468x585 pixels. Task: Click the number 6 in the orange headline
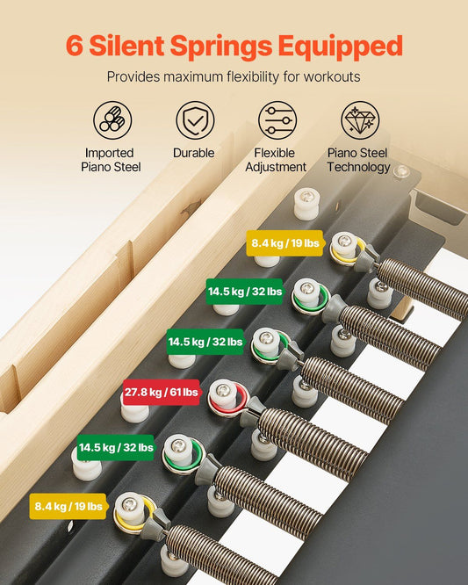[75, 46]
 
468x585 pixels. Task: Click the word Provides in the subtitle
[133, 76]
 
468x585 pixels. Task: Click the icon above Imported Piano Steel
[112, 121]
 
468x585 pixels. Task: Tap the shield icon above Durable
[194, 121]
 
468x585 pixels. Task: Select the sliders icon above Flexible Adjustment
[276, 121]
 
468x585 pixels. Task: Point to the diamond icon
[359, 121]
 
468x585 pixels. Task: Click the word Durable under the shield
[194, 153]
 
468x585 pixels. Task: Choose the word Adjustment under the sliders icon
[276, 167]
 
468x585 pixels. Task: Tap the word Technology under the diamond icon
[359, 167]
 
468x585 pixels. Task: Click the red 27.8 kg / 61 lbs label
[162, 392]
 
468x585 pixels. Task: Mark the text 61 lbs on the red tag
[183, 392]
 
